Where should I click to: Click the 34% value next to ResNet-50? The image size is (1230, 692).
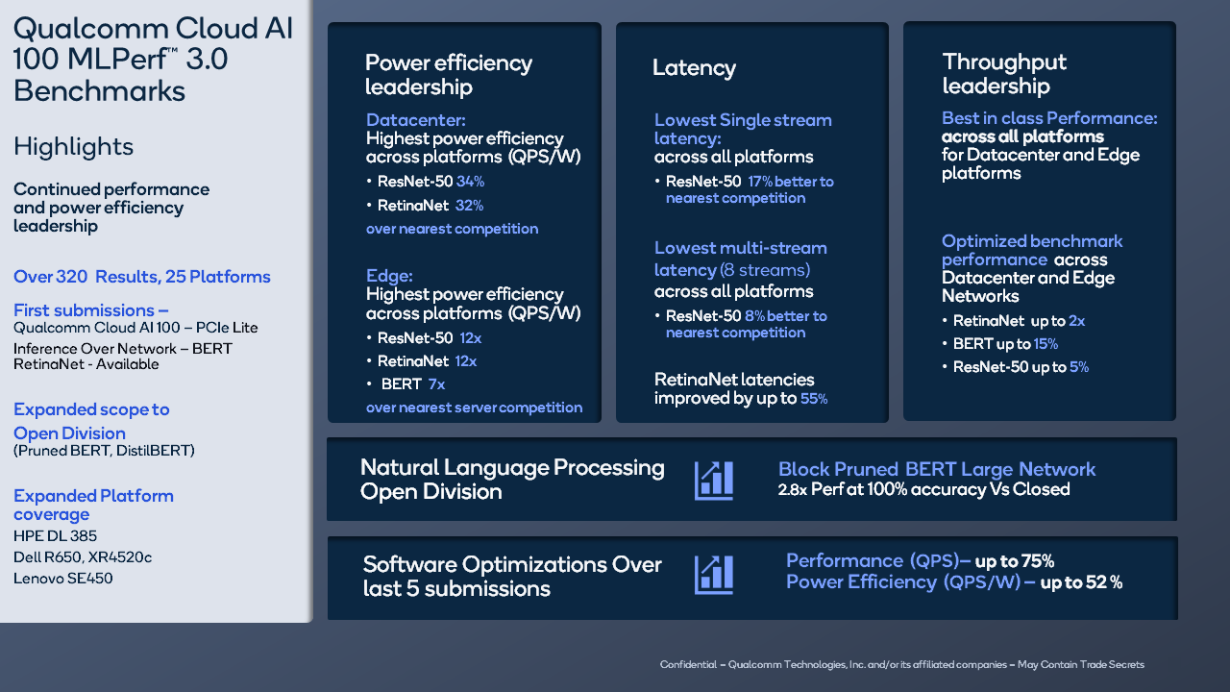(470, 182)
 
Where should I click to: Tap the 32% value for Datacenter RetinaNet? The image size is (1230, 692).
(469, 206)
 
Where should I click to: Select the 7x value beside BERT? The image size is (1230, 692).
(436, 384)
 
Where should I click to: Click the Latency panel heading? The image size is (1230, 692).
(694, 68)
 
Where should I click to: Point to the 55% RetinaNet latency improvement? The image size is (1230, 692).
(814, 399)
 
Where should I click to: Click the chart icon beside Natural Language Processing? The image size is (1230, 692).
(714, 480)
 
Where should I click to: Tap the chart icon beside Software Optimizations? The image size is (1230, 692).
(714, 574)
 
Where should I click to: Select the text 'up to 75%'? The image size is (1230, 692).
(1014, 561)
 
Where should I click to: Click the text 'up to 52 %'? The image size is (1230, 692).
(1081, 582)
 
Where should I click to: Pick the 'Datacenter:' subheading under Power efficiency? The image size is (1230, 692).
(415, 121)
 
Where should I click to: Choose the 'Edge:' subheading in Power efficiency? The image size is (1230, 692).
(389, 277)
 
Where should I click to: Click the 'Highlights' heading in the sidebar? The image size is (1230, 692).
(73, 147)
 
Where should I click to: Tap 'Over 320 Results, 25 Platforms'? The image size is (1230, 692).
(142, 277)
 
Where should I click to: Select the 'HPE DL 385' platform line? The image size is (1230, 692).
(55, 536)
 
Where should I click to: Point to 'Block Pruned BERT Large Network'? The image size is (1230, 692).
(936, 470)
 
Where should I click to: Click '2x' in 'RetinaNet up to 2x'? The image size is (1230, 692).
(1076, 321)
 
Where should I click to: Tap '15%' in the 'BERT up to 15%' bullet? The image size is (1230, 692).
(1045, 344)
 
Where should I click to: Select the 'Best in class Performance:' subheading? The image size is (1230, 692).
(1049, 119)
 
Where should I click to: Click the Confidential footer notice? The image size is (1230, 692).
(901, 665)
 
